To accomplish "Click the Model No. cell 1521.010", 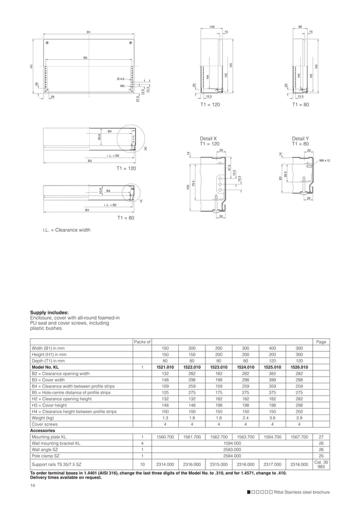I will [165, 367].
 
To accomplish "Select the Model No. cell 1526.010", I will [299, 367].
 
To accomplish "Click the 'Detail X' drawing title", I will [208, 138].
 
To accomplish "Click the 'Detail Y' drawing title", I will [300, 138].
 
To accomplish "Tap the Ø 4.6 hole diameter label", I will [120, 79].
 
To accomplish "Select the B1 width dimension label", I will [89, 32].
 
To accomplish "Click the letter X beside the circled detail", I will [145, 149].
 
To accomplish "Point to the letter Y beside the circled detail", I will [141, 201].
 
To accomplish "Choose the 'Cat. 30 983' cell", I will [321, 464].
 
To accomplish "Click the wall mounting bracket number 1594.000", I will [232, 443].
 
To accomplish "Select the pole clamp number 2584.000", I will [232, 456].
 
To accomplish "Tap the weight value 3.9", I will [299, 418].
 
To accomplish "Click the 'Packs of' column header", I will [142, 342].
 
